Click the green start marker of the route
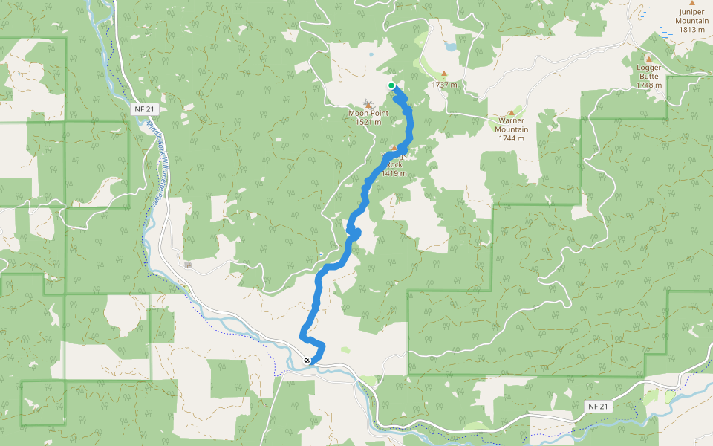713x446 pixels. coord(391,85)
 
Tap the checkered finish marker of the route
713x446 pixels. coord(307,361)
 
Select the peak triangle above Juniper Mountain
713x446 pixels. coord(692,3)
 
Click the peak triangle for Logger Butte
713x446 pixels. coord(648,59)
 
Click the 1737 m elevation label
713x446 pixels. coord(444,85)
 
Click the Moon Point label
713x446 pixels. coord(368,113)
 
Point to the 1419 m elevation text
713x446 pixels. coord(394,173)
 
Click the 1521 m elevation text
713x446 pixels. coord(368,122)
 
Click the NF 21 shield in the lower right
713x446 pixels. coord(598,407)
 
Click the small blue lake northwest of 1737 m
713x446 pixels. coord(451,47)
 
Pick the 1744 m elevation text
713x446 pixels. coord(512,138)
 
